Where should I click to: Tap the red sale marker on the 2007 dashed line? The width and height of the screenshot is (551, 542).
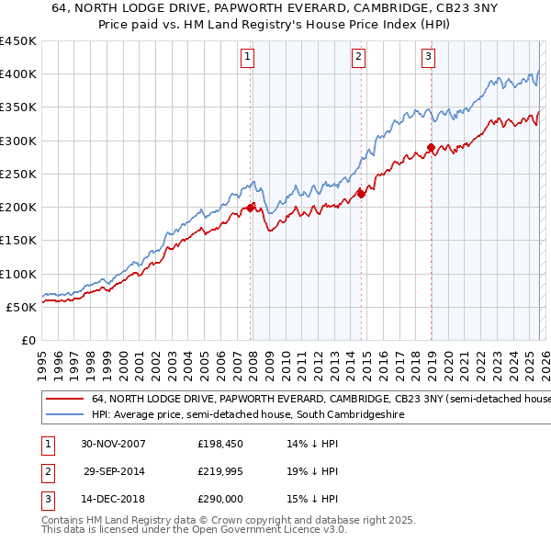pyautogui.click(x=251, y=208)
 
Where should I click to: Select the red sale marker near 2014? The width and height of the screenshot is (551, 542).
pyautogui.click(x=361, y=193)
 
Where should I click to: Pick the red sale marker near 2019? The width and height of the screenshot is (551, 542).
pyautogui.click(x=431, y=147)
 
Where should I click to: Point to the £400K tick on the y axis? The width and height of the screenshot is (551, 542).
pyautogui.click(x=17, y=74)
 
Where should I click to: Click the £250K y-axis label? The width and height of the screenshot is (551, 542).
pyautogui.click(x=17, y=174)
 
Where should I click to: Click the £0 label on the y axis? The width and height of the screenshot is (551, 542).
pyautogui.click(x=28, y=340)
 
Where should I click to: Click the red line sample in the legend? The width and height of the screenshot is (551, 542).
pyautogui.click(x=64, y=400)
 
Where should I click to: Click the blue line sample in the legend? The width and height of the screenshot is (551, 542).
pyautogui.click(x=64, y=415)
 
